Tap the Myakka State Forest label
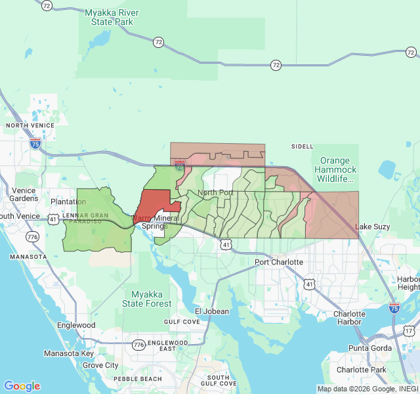click(x=151, y=299)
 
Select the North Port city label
click(x=216, y=192)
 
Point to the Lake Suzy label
click(x=372, y=227)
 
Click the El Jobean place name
click(x=212, y=311)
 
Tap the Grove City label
click(x=100, y=365)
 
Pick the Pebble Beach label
click(x=138, y=380)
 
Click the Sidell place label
click(x=303, y=146)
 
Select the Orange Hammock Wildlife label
click(x=337, y=169)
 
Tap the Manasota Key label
click(x=69, y=353)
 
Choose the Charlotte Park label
click(x=362, y=370)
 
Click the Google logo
click(x=22, y=386)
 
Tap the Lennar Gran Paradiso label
click(x=85, y=218)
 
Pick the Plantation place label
click(x=68, y=202)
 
